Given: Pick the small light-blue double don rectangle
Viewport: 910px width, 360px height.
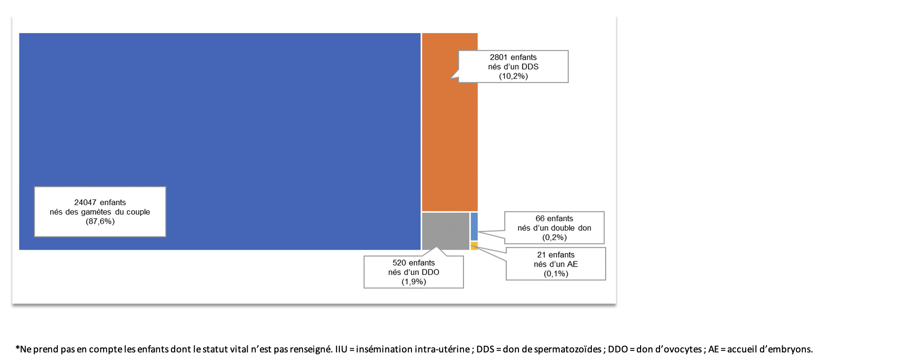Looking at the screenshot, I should [474, 226].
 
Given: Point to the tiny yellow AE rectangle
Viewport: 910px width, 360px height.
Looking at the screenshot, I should [474, 246].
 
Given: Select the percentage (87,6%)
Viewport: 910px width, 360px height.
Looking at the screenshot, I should [100, 221].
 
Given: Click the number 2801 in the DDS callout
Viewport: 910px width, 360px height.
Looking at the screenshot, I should [499, 57].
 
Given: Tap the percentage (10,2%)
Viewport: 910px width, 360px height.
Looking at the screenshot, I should [513, 76].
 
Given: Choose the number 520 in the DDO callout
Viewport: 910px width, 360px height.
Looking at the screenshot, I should [399, 263].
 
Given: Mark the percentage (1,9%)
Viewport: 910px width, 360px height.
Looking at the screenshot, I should [414, 282].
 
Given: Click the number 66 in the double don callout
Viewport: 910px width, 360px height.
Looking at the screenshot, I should [540, 218].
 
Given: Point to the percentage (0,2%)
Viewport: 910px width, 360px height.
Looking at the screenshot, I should [554, 237].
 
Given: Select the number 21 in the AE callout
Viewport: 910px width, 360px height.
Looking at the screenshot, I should [542, 255].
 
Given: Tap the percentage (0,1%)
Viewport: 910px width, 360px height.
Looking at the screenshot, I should [556, 274].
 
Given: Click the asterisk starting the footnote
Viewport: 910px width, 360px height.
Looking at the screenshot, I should [18, 349].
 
